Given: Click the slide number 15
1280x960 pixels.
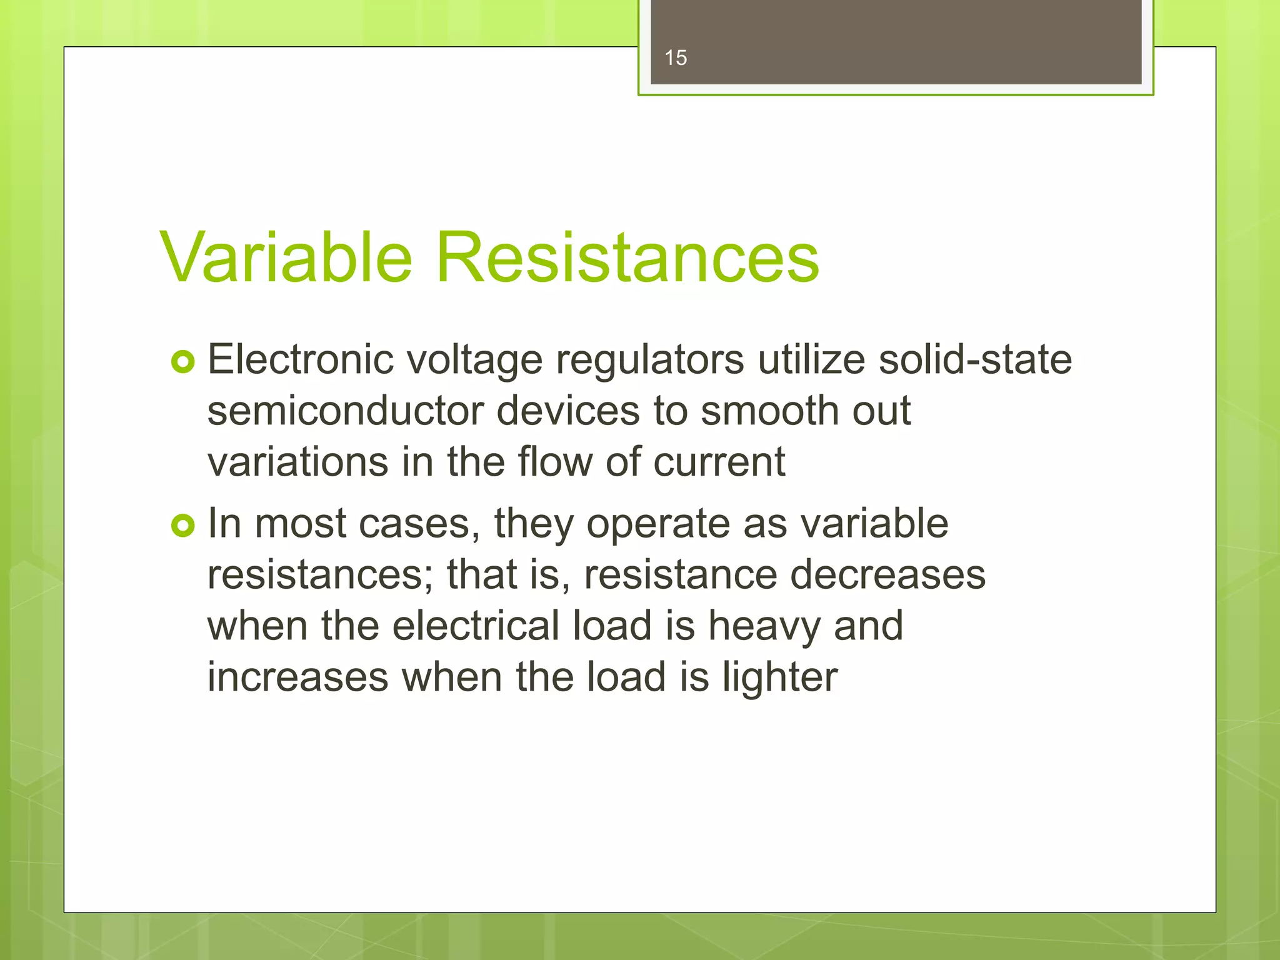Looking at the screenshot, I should coord(676,58).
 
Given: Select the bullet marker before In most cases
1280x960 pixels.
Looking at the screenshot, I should coord(183,526).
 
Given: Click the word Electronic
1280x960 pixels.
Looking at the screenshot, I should coord(301,360).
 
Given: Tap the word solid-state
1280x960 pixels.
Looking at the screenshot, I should coord(975,360).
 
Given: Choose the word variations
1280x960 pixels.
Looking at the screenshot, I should coord(298,462).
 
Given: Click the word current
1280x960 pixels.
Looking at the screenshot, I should coord(719,462).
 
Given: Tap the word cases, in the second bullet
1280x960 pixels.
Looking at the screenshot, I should coord(419,524).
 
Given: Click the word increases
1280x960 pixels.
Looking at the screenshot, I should coord(297,677).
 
